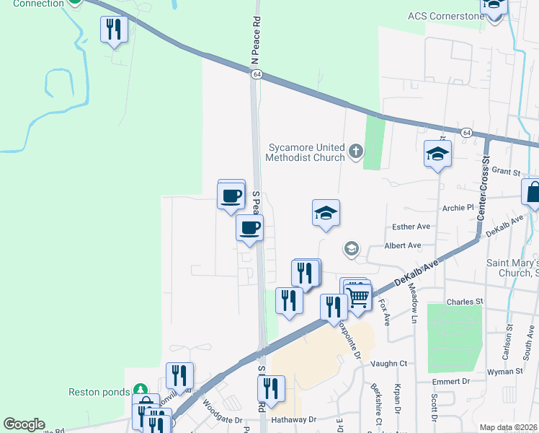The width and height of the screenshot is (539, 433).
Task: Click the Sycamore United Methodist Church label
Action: [303, 152]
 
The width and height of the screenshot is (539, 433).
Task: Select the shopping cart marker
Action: [358, 296]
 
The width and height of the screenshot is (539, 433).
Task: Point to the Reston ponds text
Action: [98, 392]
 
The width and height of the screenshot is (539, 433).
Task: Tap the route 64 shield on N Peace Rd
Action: [256, 74]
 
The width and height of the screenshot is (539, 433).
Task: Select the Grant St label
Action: [506, 172]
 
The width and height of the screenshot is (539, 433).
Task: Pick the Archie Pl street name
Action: [459, 207]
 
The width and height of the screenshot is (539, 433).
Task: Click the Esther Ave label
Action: [411, 227]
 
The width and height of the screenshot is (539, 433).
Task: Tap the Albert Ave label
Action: [403, 245]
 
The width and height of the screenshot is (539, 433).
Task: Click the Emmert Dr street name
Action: [452, 380]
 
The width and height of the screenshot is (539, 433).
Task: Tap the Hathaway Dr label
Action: [293, 419]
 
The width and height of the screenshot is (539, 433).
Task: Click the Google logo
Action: [24, 424]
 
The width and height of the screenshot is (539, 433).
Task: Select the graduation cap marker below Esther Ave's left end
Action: [351, 249]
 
